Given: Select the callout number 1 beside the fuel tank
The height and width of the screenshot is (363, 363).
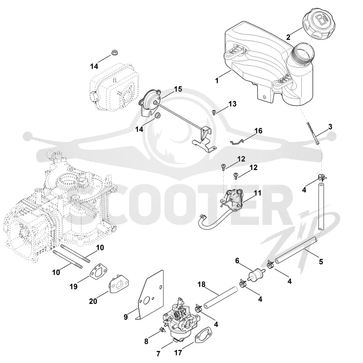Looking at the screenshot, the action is (217, 80).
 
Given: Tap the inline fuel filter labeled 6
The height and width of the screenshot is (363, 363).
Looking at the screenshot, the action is (255, 275).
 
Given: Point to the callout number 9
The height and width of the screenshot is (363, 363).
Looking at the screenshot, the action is (126, 317).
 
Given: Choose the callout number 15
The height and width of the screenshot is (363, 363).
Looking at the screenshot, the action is (178, 89).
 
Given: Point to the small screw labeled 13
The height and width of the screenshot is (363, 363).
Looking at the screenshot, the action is (214, 112).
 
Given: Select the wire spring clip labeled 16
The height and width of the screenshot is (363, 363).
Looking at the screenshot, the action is (236, 142).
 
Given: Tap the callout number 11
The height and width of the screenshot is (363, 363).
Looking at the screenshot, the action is (257, 192).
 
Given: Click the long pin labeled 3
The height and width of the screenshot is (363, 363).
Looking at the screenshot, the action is (314, 133).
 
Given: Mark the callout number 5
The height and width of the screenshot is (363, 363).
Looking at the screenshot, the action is (321, 262).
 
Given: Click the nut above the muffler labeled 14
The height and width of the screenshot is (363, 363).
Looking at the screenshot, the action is (114, 53).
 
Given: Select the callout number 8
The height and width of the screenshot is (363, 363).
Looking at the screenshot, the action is (146, 341).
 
